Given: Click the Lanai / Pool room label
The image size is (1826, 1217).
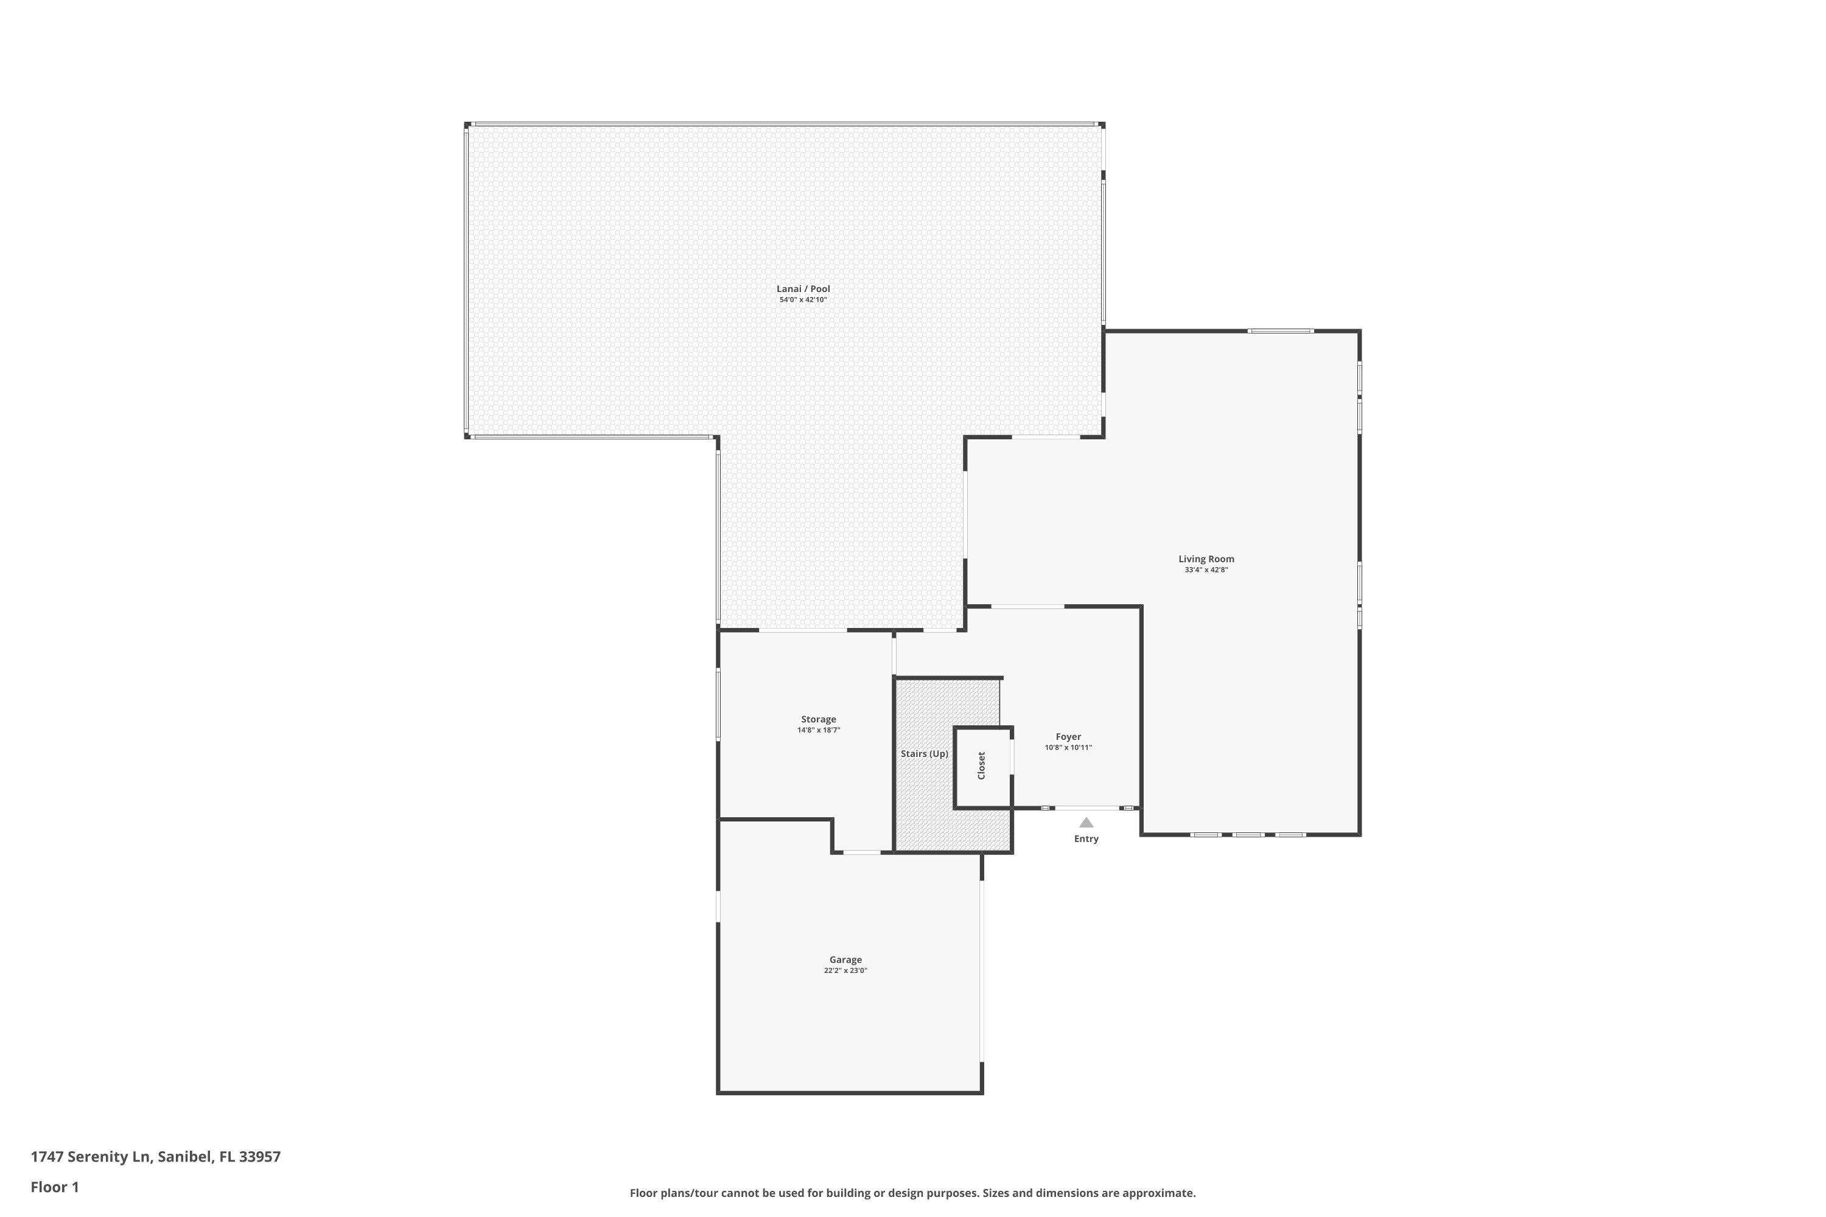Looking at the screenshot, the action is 803,288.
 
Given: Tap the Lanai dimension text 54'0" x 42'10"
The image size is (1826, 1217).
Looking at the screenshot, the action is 803,299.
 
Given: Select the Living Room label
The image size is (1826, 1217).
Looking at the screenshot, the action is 1206,559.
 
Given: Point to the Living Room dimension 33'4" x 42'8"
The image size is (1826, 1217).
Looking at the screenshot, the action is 1206,570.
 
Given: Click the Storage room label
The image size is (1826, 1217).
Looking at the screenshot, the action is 818,719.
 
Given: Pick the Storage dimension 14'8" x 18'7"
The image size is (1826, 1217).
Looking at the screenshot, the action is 818,730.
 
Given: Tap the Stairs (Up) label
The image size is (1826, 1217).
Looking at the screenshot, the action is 924,754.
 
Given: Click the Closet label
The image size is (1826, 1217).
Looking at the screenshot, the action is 981,765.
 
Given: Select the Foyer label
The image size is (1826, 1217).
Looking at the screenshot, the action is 1068,736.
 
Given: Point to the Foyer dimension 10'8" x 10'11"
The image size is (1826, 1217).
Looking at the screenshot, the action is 1068,747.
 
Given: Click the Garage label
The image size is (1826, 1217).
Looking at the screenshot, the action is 845,960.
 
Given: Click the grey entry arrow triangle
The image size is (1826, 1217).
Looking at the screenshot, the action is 1086,823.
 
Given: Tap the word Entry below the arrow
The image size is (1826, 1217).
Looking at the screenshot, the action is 1086,839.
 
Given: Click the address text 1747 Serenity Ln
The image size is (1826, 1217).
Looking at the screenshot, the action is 90,1157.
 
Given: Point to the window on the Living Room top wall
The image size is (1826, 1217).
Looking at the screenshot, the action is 1281,332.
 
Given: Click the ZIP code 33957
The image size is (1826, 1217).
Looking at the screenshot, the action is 260,1157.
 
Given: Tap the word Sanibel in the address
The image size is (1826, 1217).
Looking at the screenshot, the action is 185,1157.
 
